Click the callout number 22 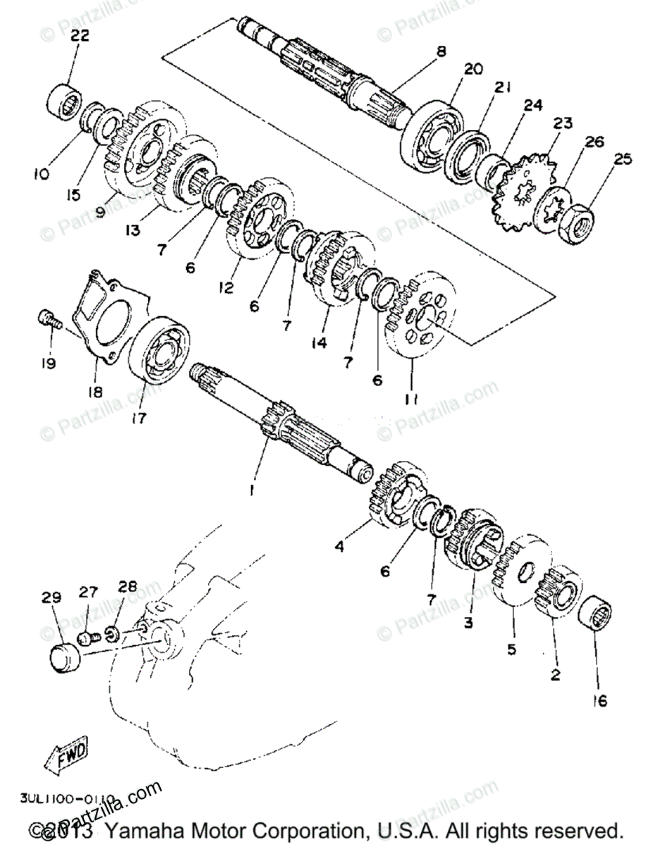point(79,37)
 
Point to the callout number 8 point(441,51)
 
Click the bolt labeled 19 point(47,320)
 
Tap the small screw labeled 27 point(85,638)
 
